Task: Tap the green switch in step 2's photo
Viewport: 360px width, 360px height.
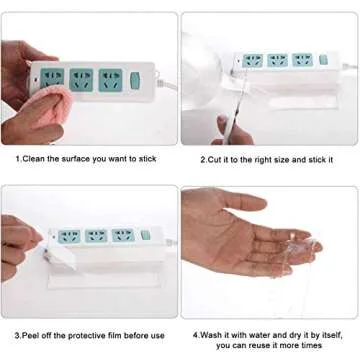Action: (x=322, y=61)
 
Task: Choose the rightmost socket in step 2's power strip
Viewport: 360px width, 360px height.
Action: (x=301, y=60)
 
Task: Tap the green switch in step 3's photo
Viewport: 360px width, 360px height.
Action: (x=145, y=236)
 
